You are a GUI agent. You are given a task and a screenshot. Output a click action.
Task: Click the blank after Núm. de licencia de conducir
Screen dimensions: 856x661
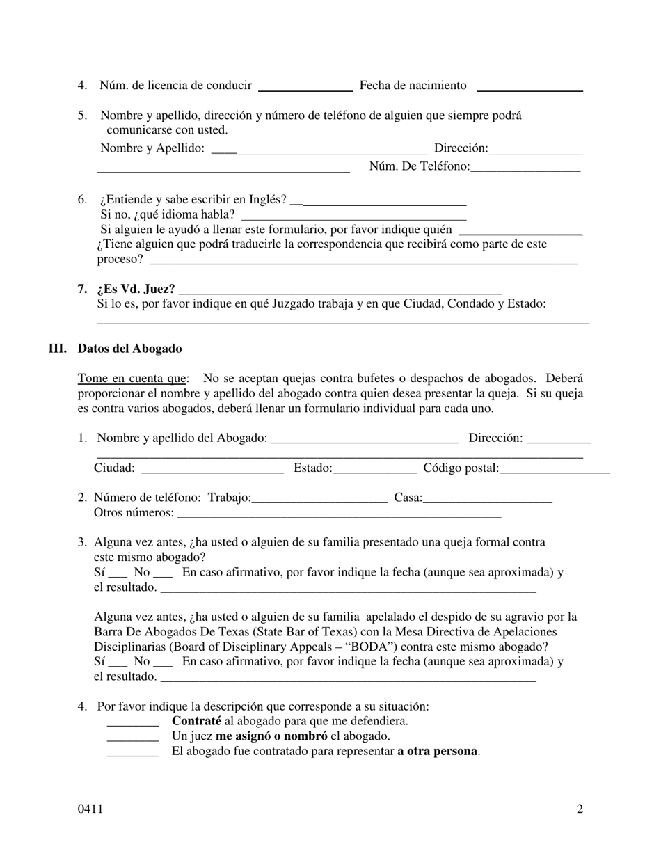pos(305,88)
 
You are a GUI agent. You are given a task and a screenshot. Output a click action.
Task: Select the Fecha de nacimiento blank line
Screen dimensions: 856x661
pos(529,88)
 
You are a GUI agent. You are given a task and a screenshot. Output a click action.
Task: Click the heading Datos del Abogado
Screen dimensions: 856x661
pos(130,349)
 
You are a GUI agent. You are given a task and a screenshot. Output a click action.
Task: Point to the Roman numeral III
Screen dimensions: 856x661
pos(57,349)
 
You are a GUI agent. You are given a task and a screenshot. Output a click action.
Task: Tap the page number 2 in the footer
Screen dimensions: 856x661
pos(580,809)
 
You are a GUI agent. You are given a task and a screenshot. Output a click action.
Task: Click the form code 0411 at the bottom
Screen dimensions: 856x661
pos(90,809)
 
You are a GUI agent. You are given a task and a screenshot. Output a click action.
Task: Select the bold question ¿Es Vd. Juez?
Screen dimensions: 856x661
pos(136,289)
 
